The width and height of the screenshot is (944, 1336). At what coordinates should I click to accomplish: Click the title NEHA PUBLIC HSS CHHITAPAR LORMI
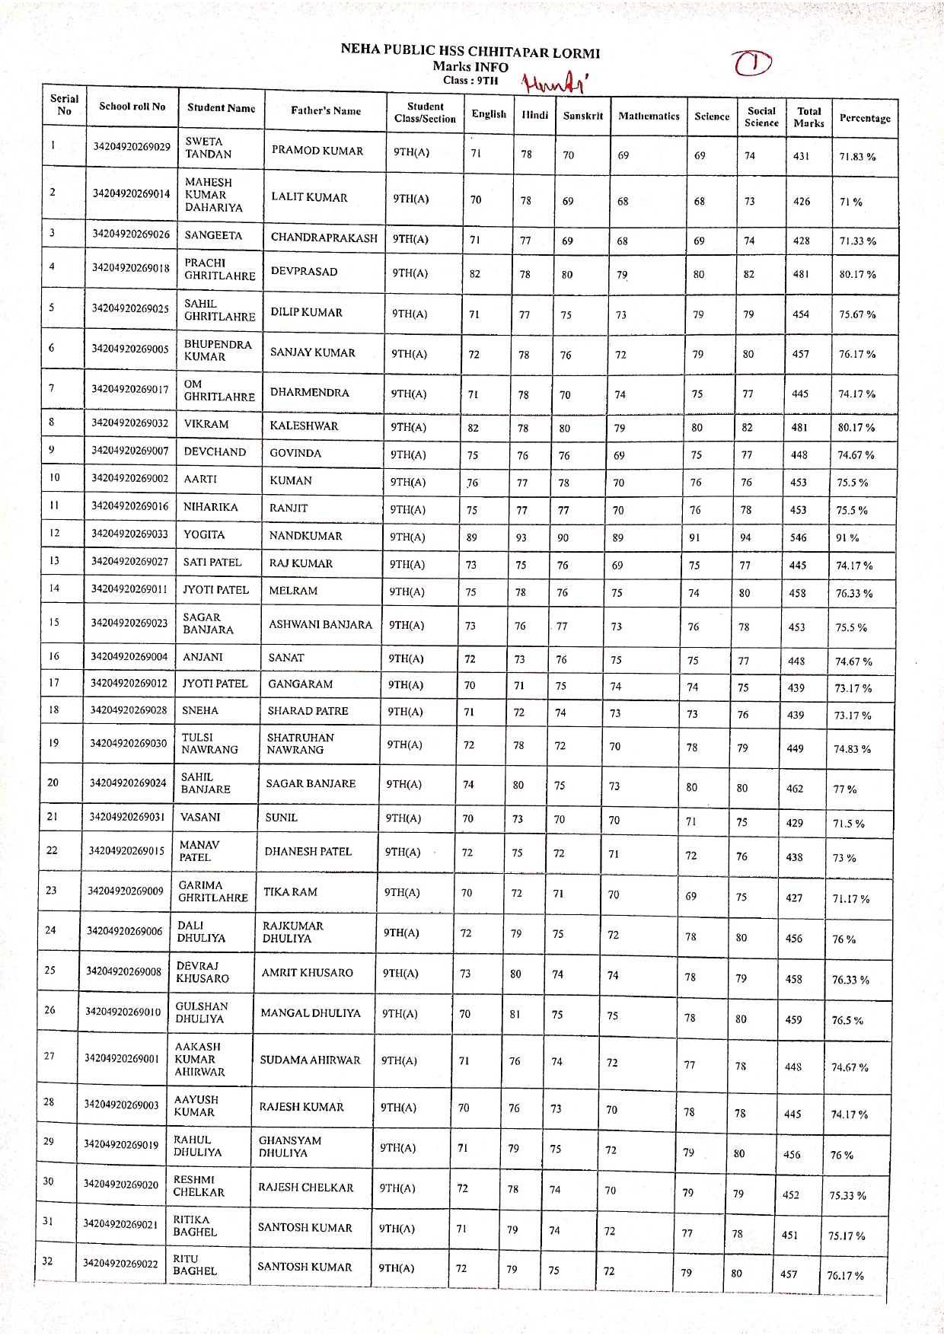click(x=470, y=53)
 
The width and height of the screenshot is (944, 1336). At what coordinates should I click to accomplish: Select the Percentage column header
click(x=864, y=118)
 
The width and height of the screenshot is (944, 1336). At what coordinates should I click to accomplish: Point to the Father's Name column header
click(x=326, y=110)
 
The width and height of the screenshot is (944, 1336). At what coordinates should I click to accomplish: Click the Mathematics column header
click(x=649, y=116)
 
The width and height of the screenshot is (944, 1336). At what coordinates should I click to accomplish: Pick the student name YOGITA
click(x=204, y=534)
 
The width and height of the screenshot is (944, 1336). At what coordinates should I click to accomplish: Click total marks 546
click(x=798, y=537)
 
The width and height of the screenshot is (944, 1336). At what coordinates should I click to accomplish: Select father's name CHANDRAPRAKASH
click(x=324, y=238)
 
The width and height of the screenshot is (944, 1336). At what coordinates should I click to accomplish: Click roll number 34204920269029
click(x=132, y=146)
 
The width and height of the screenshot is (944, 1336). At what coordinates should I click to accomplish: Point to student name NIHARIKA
click(x=211, y=507)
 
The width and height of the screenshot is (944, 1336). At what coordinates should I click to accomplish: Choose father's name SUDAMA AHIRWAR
click(x=310, y=1060)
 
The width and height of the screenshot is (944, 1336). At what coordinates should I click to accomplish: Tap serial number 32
click(x=47, y=1261)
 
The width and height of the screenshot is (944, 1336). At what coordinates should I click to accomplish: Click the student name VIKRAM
click(x=206, y=424)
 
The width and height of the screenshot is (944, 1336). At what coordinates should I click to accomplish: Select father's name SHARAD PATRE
click(x=308, y=711)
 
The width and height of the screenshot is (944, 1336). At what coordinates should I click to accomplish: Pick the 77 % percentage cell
click(x=845, y=789)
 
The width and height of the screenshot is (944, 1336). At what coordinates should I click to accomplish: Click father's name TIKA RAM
click(x=290, y=891)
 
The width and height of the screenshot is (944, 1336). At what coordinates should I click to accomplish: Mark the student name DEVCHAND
click(x=215, y=451)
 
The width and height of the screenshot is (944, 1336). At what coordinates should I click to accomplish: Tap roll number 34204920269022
click(x=121, y=1264)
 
